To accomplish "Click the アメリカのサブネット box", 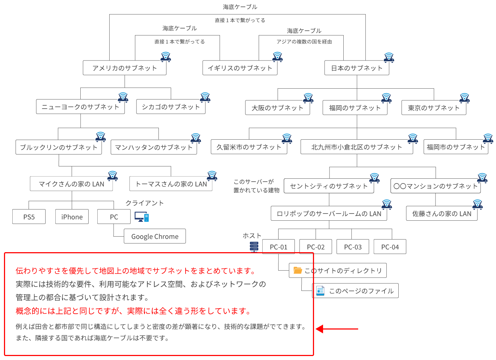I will (x=124, y=68).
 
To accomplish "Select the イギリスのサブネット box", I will (x=239, y=68).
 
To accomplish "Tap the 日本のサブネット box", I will (x=356, y=68).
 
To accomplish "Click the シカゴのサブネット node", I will (x=170, y=107).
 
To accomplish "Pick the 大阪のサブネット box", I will (x=277, y=108).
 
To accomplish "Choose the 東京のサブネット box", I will (x=433, y=108).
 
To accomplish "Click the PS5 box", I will (x=29, y=217).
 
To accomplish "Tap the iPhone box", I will (x=72, y=217).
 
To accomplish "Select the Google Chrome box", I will (x=155, y=236).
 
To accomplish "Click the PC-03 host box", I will (x=353, y=247).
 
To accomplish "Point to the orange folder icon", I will (x=298, y=270).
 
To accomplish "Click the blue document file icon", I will (x=320, y=291).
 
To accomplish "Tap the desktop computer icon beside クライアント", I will (x=141, y=217).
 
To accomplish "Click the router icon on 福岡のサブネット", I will (x=386, y=98).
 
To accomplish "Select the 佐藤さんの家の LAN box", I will (x=441, y=213).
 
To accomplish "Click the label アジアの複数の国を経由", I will (x=304, y=42).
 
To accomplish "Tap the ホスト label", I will (x=251, y=236).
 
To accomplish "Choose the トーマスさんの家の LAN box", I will (x=171, y=184).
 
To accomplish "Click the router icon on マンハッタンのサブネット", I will (x=196, y=138).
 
